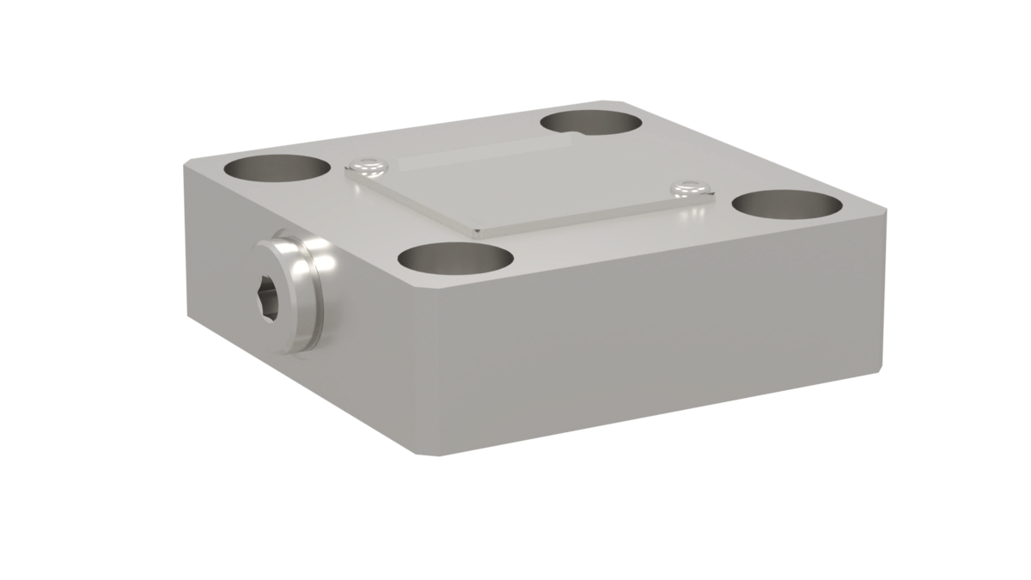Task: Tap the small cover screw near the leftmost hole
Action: point(368,162)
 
